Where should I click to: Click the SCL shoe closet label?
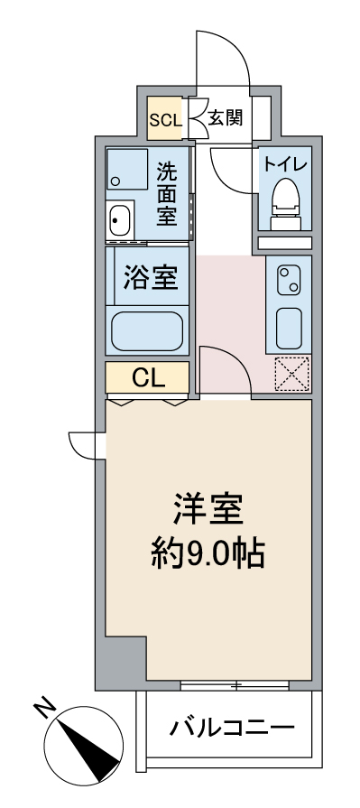[x=166, y=121]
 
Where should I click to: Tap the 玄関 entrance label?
[x=226, y=118]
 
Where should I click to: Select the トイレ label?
[x=285, y=164]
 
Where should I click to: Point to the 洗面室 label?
[x=168, y=194]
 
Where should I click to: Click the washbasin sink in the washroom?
[x=120, y=219]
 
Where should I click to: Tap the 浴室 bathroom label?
[x=151, y=277]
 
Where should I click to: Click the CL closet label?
[x=148, y=378]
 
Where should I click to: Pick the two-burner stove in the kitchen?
[x=289, y=281]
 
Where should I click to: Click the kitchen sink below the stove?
[x=289, y=329]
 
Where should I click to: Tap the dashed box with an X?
[x=292, y=373]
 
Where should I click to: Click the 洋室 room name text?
[x=208, y=508]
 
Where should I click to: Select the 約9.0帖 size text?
[x=208, y=553]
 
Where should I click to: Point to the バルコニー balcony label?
[x=233, y=728]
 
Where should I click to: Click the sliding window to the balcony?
[x=235, y=685]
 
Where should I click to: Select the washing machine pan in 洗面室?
[x=126, y=170]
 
